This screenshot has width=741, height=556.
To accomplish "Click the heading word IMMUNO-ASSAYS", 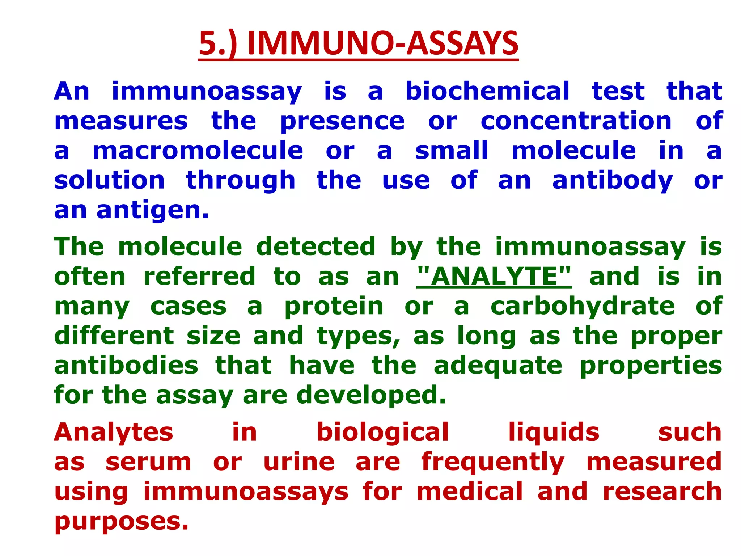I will pos(383,43).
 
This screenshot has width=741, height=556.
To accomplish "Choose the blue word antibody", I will pos(612,181).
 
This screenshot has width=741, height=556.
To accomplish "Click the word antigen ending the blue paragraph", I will pos(153,211).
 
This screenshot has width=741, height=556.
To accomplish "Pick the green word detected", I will pos(316,247).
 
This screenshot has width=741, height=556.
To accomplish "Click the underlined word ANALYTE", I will pos(494,277).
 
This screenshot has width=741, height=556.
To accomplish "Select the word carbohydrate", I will pos(583,307).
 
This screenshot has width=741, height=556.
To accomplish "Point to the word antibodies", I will pos(126,365).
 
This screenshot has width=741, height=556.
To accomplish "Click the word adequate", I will pos(498,366).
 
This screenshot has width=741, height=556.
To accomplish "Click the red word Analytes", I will pos(114,433).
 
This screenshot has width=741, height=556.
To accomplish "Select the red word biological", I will pos(382,433).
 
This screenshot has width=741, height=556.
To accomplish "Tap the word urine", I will pos(299,462).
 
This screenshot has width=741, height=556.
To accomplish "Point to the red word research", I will pos(662,492).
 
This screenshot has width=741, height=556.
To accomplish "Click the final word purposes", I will pos(122,522).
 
